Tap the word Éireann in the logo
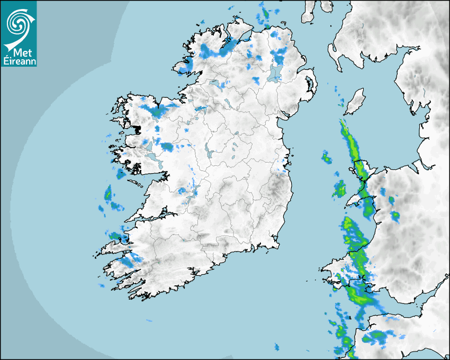pyautogui.click(x=19, y=61)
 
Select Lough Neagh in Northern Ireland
pyautogui.click(x=274, y=74)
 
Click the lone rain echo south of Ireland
pyautogui.click(x=276, y=347)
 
